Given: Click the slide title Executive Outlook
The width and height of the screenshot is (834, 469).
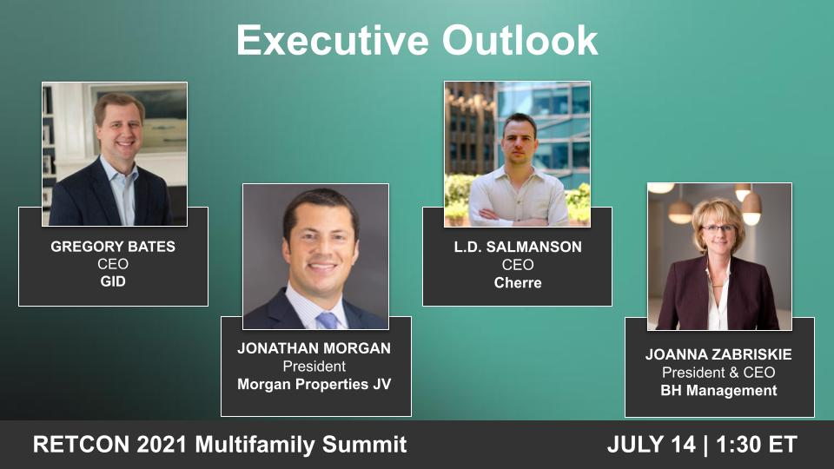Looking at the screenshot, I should pos(417,41).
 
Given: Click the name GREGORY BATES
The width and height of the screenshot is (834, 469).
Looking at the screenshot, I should pos(113,247).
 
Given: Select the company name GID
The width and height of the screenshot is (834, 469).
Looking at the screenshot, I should pos(113,281).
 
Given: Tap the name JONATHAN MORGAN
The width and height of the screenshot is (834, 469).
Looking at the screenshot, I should pos(314,348).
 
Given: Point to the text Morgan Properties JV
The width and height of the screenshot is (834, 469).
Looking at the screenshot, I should pos(314,384).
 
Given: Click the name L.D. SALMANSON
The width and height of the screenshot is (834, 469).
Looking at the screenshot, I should pos(518,248).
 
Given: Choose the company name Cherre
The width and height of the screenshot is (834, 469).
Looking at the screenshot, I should pos(518,282).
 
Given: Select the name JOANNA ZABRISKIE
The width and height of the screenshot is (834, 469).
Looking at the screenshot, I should pos(719,355).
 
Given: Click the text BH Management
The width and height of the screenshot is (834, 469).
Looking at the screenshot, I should pos(719,391).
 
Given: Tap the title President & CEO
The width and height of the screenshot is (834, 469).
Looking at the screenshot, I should pos(719,373).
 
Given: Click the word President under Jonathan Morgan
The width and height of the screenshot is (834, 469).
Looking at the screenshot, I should pos(314,367).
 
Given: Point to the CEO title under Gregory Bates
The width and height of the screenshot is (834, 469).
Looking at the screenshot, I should pos(113,264).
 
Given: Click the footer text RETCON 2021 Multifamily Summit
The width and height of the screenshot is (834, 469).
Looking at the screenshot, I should pos(220,445).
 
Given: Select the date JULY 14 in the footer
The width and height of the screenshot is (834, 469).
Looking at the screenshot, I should pos(651,445).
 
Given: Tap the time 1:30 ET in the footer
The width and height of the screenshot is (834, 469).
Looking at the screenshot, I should pos(755,445).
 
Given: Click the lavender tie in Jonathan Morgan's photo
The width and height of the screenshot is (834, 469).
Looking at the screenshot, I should pos(327,320).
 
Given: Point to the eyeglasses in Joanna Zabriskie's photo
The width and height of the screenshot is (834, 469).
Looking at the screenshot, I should pos(718,229).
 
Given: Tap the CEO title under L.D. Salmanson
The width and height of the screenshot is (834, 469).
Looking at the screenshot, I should pos(518,265).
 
